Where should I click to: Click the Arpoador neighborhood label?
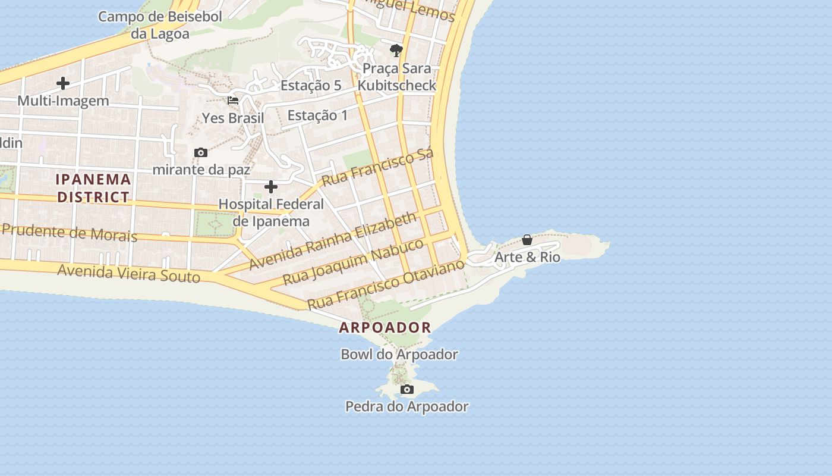pos(385,327)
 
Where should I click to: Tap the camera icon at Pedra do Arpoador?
pos(407,390)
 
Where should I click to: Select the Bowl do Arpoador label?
pos(399,355)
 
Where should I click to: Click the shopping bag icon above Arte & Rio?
pos(527,240)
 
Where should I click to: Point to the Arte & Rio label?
pos(527,257)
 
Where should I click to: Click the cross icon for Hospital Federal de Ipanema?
pos(271,187)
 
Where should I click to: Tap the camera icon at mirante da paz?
pos(201,153)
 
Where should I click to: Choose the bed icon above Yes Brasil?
pos(233,101)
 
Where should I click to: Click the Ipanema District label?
pos(93,188)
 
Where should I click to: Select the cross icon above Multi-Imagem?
pos(63,83)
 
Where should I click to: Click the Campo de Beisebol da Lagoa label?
pos(160,25)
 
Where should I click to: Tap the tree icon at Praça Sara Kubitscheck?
pos(396,50)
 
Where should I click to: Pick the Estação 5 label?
pos(311,85)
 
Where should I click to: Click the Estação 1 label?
pos(317,115)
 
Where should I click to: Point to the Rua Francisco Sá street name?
pos(377,167)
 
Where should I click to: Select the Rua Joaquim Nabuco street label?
pos(353,262)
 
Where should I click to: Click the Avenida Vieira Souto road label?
pos(128,274)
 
